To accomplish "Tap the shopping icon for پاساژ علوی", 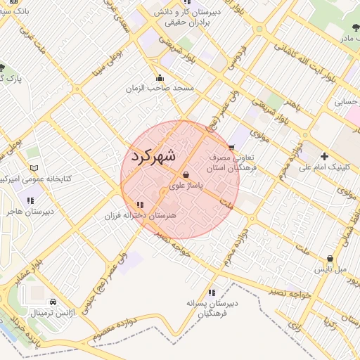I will point(186,175).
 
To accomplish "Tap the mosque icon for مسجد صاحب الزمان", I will point(160,78).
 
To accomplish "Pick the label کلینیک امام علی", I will point(319,167).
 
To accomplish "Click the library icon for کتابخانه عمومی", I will point(34,168).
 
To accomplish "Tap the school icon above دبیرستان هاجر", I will point(30,200).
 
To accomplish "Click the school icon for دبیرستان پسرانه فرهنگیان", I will point(212,292).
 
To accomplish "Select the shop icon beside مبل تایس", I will point(330,258).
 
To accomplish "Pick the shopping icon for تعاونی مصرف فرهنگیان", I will point(231,148).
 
